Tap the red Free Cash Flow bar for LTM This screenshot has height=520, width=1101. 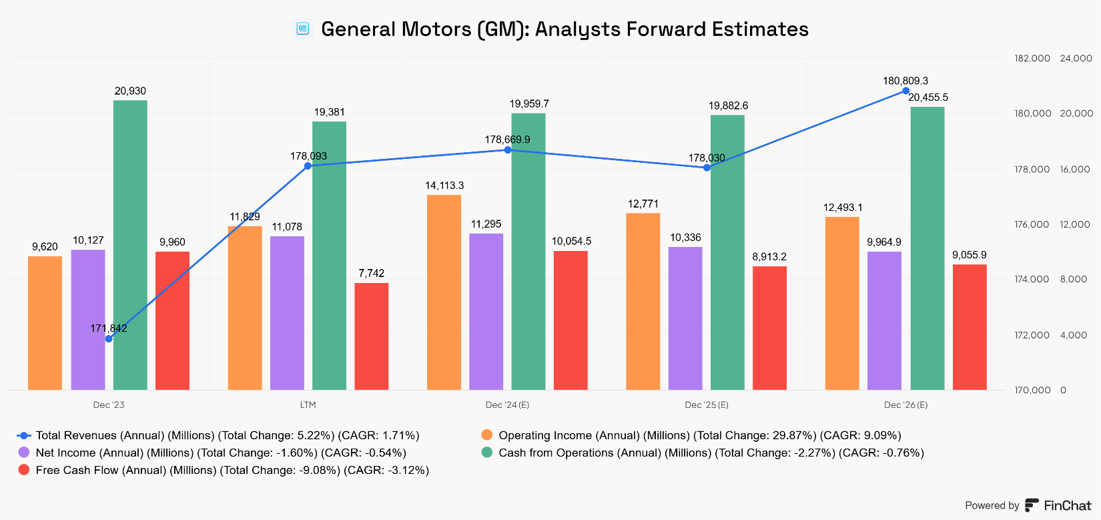pyautogui.click(x=371, y=336)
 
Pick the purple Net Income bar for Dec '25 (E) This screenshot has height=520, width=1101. pyautogui.click(x=685, y=318)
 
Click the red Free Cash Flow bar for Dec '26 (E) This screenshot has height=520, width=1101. pyautogui.click(x=970, y=327)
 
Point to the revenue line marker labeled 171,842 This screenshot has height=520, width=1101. pyautogui.click(x=109, y=339)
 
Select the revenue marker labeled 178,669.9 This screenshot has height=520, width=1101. pyautogui.click(x=508, y=150)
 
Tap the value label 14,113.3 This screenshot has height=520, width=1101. pyautogui.click(x=444, y=186)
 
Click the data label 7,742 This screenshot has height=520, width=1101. pyautogui.click(x=371, y=273)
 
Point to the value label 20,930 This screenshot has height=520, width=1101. pyautogui.click(x=130, y=91)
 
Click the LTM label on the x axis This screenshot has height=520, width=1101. pyautogui.click(x=308, y=405)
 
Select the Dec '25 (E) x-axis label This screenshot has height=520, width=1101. pyautogui.click(x=707, y=405)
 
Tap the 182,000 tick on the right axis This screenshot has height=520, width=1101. pyautogui.click(x=1032, y=59)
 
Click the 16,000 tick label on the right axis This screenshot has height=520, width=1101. pyautogui.click(x=1075, y=170)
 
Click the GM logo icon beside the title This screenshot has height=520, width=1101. pyautogui.click(x=303, y=29)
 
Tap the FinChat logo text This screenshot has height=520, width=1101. pyautogui.click(x=1067, y=505)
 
